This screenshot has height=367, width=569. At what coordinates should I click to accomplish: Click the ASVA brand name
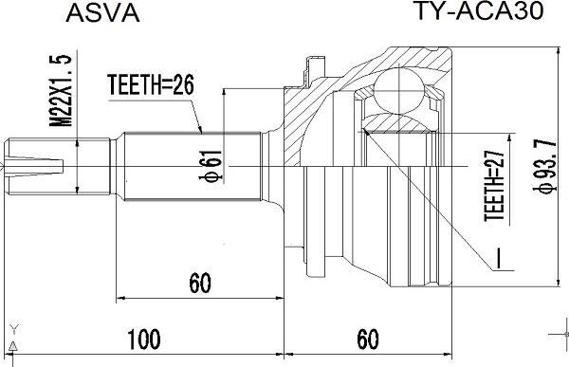coord(102,13)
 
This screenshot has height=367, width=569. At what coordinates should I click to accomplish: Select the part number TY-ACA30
coord(478,10)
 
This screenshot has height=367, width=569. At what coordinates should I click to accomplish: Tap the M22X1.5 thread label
coord(61,90)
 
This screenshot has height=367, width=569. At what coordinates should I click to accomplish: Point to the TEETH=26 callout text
coord(151,85)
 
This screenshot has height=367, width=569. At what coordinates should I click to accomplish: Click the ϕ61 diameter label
coord(211,166)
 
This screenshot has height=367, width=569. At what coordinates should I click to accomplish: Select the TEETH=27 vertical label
coord(495,186)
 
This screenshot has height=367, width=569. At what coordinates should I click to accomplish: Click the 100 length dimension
coord(144,339)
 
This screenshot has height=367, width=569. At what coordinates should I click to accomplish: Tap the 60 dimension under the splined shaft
coord(200,284)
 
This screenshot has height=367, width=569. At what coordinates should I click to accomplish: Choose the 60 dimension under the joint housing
coord(368,339)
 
